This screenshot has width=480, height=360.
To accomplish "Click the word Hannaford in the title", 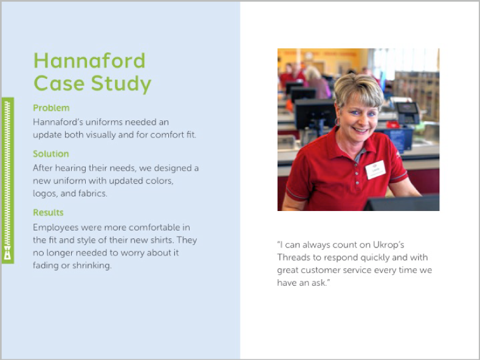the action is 89,60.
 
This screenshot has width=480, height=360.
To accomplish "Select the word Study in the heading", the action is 122,84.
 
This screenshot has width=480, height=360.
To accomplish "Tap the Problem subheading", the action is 51,108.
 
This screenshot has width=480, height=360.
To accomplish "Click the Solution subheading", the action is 51,154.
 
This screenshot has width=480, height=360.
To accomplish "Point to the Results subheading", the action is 49,213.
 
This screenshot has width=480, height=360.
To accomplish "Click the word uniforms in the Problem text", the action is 103,122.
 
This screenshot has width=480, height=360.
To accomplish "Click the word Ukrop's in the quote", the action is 388,245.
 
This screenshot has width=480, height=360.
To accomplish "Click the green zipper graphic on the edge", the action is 8,181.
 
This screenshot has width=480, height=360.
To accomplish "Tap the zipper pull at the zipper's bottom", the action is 8,253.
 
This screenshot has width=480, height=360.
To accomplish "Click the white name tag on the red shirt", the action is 375,170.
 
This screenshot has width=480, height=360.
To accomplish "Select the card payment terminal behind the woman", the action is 407,112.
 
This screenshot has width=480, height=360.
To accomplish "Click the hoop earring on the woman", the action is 337,122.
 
